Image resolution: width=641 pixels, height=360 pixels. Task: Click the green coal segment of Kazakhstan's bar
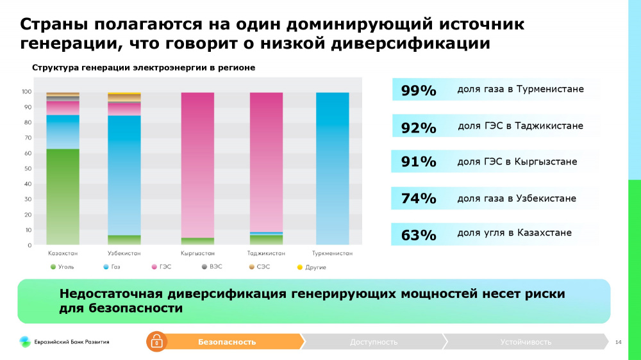[x=63, y=196]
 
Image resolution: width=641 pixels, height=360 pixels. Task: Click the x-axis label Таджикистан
[x=266, y=254]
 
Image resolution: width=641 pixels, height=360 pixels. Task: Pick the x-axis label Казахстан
[x=63, y=254]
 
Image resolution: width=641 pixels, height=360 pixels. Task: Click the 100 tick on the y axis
[x=27, y=92]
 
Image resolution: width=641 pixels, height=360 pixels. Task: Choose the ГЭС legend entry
[x=161, y=266]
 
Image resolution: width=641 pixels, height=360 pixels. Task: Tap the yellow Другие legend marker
[x=299, y=266]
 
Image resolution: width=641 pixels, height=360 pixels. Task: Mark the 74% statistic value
[x=419, y=199]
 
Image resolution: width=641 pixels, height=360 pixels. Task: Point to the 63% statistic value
[x=419, y=235]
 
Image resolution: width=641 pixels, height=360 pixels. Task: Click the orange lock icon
[x=156, y=342]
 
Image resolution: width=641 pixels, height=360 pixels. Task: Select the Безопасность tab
[x=228, y=342]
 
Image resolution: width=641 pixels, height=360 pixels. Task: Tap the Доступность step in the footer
[x=374, y=342]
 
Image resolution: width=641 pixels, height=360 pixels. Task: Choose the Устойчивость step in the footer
[x=526, y=342]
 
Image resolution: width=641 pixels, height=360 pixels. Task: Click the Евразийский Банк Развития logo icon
[x=24, y=342]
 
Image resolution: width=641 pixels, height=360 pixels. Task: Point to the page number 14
[x=618, y=342]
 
